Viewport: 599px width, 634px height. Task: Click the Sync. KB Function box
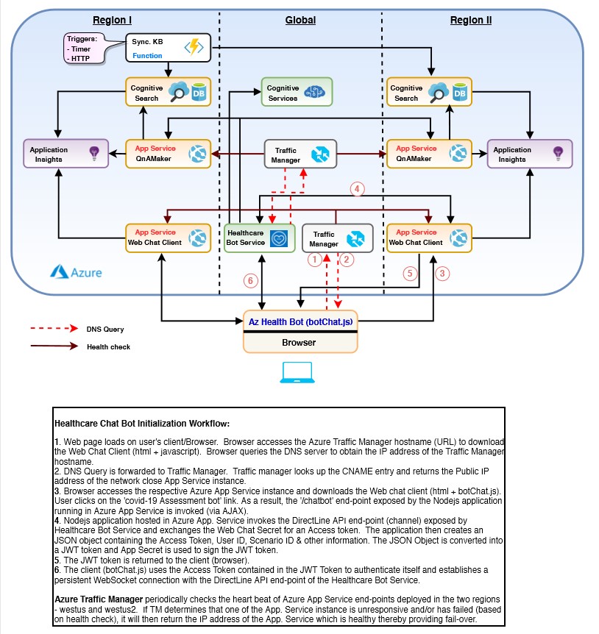click(x=168, y=48)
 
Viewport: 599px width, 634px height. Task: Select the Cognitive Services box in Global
click(x=297, y=92)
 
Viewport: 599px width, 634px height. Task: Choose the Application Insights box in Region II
click(x=530, y=153)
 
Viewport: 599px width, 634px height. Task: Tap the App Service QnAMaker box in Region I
click(x=168, y=153)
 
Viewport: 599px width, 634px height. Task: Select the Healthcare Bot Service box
click(x=258, y=238)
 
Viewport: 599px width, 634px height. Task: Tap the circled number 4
click(x=358, y=190)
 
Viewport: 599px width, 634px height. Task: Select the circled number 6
click(x=250, y=281)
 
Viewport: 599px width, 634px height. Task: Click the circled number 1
click(x=314, y=259)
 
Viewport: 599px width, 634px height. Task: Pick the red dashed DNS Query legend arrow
click(x=54, y=328)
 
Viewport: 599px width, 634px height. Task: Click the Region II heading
click(x=471, y=20)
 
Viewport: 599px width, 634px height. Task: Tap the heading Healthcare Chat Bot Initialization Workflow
click(x=142, y=424)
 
